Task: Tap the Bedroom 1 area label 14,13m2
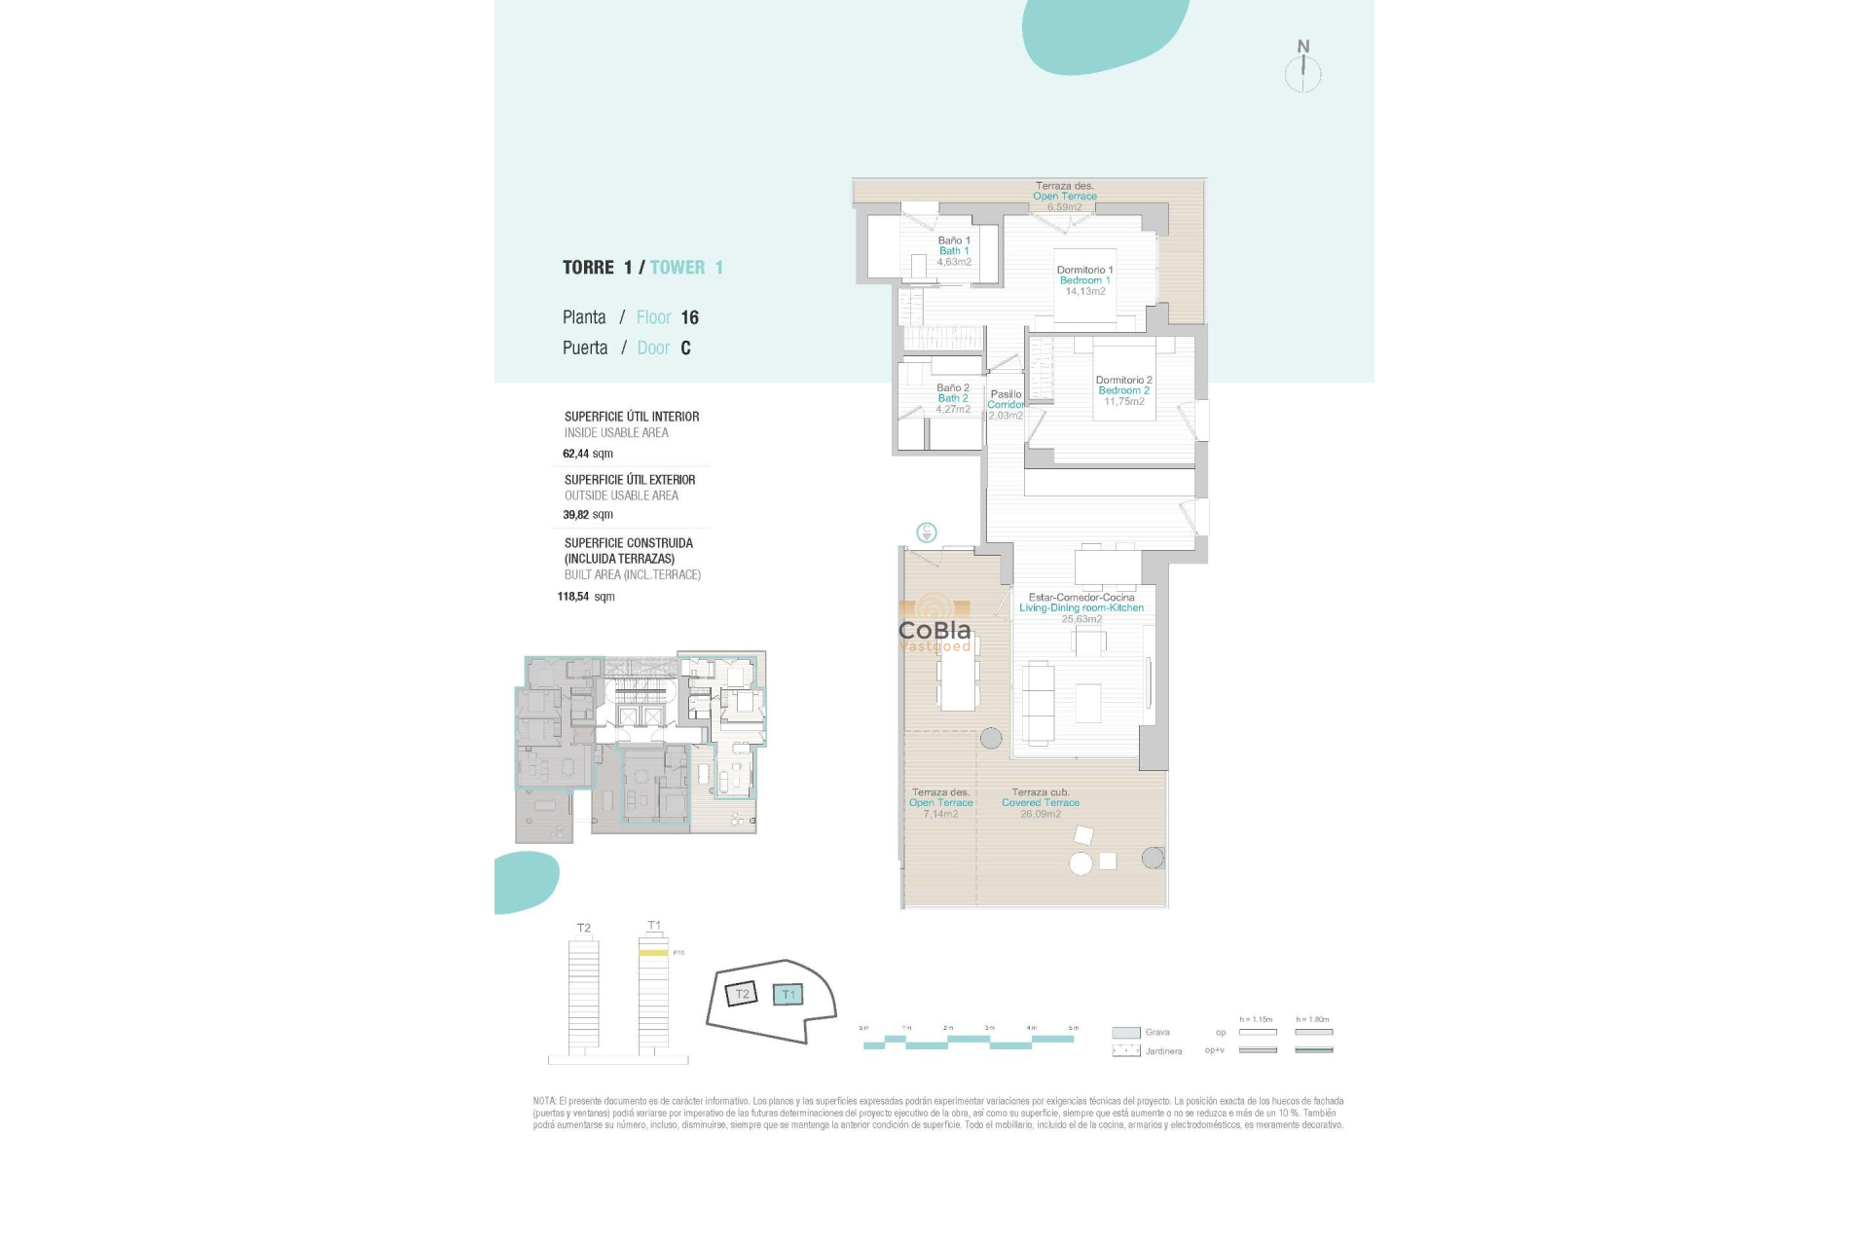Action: (x=1084, y=291)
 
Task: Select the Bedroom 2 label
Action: (x=1123, y=390)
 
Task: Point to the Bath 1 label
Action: (x=954, y=251)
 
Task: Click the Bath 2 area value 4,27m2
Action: (x=953, y=410)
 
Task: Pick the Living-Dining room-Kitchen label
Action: (x=1081, y=607)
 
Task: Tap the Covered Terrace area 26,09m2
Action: (x=1041, y=814)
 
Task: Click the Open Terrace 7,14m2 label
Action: (x=940, y=803)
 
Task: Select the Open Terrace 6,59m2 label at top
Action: (x=1064, y=197)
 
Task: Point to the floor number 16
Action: (x=689, y=317)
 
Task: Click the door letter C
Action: (x=685, y=348)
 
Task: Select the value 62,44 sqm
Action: (x=588, y=454)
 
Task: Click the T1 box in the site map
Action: (x=788, y=995)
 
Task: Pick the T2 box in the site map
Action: (x=742, y=994)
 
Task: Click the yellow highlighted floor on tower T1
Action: (x=653, y=953)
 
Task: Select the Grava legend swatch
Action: (x=1126, y=1033)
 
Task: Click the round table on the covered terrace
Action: (x=1081, y=862)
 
